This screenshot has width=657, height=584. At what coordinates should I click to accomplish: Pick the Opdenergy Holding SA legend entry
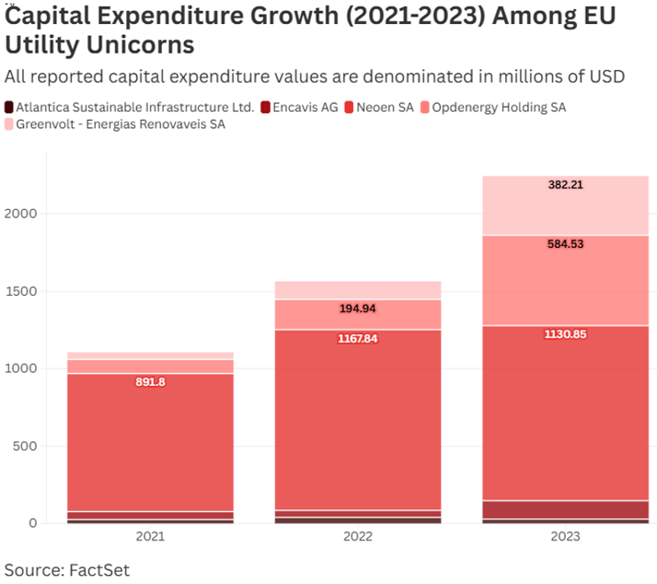(x=498, y=108)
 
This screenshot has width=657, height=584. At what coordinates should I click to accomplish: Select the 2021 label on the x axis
(x=150, y=536)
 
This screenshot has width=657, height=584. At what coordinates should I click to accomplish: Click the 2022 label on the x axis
(x=358, y=536)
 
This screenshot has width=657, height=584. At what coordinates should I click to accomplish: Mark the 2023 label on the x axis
(x=565, y=536)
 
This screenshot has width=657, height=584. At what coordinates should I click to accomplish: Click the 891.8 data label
(x=150, y=382)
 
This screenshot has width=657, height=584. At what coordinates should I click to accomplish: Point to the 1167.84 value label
(x=358, y=338)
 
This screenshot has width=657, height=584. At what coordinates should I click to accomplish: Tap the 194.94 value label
(x=358, y=309)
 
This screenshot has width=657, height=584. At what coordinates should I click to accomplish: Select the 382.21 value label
(x=565, y=184)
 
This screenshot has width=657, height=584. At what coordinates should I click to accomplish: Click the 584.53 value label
(x=565, y=244)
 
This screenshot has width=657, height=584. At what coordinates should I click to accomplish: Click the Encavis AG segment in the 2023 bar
(x=565, y=509)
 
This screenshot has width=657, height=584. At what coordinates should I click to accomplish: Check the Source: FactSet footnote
(x=67, y=569)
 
